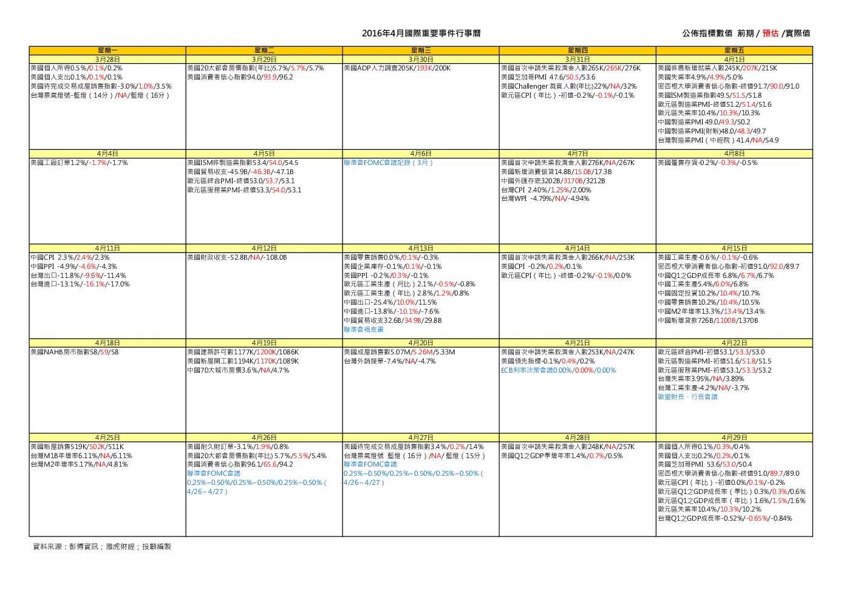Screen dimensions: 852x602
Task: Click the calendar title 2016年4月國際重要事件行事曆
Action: (421, 33)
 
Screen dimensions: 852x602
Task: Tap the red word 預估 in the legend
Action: (770, 33)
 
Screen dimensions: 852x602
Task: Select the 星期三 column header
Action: (421, 50)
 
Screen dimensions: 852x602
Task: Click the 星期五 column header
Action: (734, 50)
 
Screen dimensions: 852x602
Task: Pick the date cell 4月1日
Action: (734, 59)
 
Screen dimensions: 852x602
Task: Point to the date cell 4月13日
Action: (421, 248)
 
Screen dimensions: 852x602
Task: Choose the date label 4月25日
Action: (107, 438)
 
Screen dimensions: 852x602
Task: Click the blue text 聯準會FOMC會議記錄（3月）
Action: (388, 163)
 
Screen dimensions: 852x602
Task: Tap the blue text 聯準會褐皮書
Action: (364, 330)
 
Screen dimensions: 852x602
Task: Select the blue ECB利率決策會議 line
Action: (558, 370)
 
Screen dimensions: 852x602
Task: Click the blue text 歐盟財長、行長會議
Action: (687, 397)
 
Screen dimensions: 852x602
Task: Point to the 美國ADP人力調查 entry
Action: (397, 68)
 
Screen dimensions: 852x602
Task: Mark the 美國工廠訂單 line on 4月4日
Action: (79, 163)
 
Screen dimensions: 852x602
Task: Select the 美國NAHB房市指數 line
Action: (75, 352)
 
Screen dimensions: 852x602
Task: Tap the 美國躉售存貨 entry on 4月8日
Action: (707, 163)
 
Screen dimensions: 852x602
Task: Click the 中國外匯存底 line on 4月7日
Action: (553, 181)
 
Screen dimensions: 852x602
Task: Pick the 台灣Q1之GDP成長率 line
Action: (724, 518)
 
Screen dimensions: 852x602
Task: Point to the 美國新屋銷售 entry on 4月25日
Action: (77, 447)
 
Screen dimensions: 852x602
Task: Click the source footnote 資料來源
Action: (102, 547)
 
